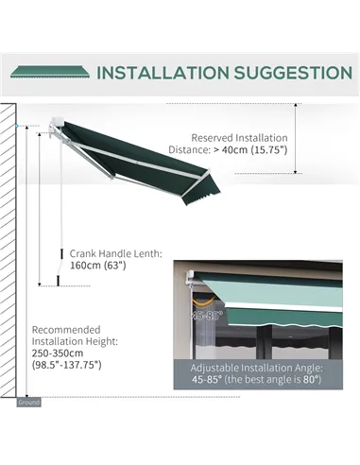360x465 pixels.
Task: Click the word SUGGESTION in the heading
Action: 292,73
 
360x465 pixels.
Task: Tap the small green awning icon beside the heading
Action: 49,72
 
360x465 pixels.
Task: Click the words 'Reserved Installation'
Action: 241,136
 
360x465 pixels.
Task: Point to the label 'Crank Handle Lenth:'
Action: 115,253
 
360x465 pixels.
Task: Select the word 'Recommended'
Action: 64,328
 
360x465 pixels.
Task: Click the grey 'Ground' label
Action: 29,402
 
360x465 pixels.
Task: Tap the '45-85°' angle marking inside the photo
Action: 205,316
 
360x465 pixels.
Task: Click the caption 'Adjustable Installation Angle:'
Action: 256,367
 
